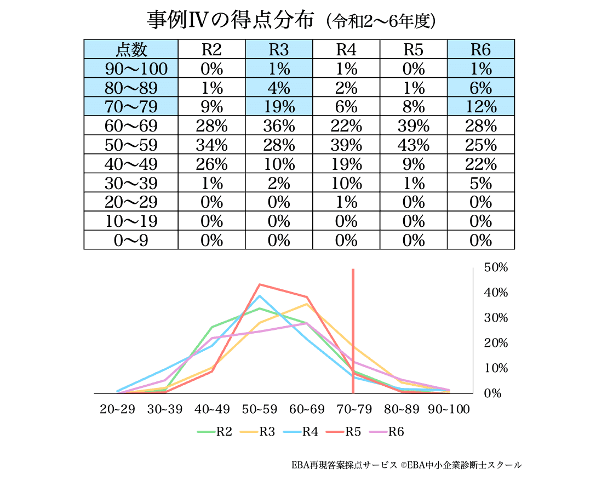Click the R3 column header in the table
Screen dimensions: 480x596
pyautogui.click(x=279, y=49)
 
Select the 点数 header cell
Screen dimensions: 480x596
pyautogui.click(x=131, y=49)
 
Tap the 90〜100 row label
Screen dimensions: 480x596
pyautogui.click(x=131, y=68)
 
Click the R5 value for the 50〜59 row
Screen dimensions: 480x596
pyautogui.click(x=414, y=145)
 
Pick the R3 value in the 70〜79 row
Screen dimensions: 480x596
pyautogui.click(x=279, y=107)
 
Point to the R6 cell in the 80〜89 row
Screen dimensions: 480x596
pyautogui.click(x=481, y=88)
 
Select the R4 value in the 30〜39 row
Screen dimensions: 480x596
pyautogui.click(x=346, y=183)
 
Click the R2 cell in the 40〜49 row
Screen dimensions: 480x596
pyautogui.click(x=211, y=164)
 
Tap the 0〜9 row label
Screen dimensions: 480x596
pyautogui.click(x=131, y=240)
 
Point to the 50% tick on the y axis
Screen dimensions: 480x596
pyautogui.click(x=496, y=267)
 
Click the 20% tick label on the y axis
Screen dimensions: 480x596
pyautogui.click(x=496, y=343)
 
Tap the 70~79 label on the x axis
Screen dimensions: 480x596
pyautogui.click(x=353, y=410)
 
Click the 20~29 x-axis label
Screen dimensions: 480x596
pyautogui.click(x=117, y=410)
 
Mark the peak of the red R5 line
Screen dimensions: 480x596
pyautogui.click(x=259, y=284)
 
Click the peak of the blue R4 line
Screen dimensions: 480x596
pyautogui.click(x=259, y=296)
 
